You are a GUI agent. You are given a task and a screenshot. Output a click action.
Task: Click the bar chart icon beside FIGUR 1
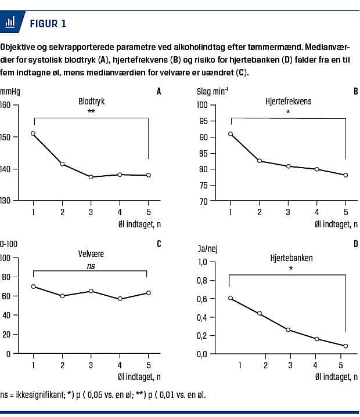(x=10, y=23)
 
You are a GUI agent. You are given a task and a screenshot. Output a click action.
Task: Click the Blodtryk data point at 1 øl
(x=33, y=133)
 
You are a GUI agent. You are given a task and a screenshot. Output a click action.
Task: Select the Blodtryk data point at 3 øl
(x=91, y=177)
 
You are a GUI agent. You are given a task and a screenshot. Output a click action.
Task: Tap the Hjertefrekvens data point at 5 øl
(x=345, y=175)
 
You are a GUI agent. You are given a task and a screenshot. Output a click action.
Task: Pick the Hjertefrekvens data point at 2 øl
(x=260, y=161)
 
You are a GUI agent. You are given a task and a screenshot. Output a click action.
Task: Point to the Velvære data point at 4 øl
(x=119, y=299)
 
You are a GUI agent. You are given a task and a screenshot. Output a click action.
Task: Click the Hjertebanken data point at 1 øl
(x=231, y=298)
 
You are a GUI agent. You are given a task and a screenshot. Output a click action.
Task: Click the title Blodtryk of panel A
(x=91, y=100)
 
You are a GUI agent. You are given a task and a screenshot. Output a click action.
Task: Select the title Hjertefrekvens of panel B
(x=289, y=101)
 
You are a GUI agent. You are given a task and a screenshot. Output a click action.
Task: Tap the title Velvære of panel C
(x=91, y=254)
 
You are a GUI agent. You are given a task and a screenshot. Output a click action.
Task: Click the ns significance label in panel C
(x=91, y=266)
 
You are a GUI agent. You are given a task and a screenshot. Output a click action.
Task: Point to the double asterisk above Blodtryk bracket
(x=91, y=112)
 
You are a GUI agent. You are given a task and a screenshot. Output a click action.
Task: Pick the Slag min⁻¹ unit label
(x=213, y=91)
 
